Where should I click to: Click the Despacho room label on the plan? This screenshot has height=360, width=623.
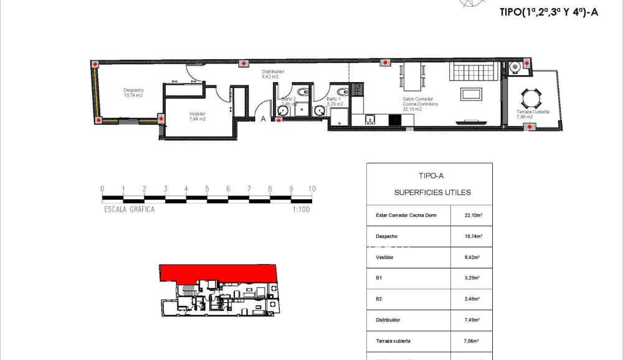pyautogui.click(x=133, y=92)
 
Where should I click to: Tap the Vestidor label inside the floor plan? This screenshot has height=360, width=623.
pyautogui.click(x=197, y=116)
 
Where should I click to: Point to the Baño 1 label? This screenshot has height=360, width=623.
pyautogui.click(x=335, y=101)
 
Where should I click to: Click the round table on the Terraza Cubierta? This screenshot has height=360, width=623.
pyautogui.click(x=529, y=98)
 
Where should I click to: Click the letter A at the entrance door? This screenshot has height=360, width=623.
pyautogui.click(x=264, y=118)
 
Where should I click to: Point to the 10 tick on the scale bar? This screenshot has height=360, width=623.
pyautogui.click(x=311, y=189)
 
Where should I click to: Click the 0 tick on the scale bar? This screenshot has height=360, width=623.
pyautogui.click(x=102, y=189)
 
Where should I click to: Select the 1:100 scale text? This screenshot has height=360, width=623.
pyautogui.click(x=301, y=210)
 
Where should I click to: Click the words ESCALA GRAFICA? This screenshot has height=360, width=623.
pyautogui.click(x=130, y=210)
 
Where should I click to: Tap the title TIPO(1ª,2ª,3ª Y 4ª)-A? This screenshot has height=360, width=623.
pyautogui.click(x=549, y=12)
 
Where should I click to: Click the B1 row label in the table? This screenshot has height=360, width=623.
pyautogui.click(x=379, y=278)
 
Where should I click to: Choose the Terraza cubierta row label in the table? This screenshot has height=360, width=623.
pyautogui.click(x=393, y=341)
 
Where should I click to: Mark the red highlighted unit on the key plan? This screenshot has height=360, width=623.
pyautogui.click(x=218, y=273)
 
